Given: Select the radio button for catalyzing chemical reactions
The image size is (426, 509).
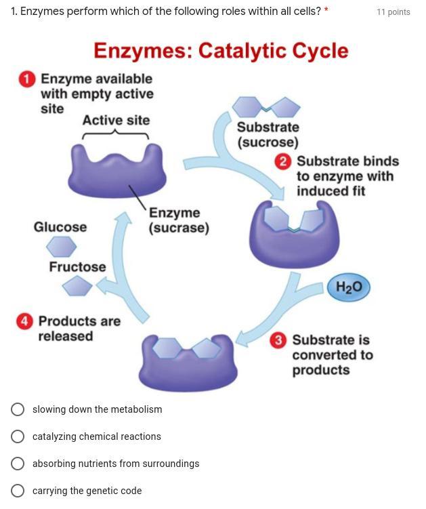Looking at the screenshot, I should click(18, 436).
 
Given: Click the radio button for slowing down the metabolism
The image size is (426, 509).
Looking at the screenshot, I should click(18, 409).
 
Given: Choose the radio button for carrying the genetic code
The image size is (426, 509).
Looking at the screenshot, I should click(18, 491).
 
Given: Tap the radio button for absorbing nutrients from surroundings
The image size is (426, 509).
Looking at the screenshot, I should click(18, 464).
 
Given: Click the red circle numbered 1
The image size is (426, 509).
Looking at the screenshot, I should click(26, 80).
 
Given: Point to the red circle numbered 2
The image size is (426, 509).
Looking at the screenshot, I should click(283, 161).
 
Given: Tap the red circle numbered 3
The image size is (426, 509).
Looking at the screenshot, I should click(278, 340).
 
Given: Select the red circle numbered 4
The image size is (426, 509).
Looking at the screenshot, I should click(24, 321).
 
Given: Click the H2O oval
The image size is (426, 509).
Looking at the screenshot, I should click(349, 287).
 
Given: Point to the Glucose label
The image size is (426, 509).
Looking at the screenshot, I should click(60, 227).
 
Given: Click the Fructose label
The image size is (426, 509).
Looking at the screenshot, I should click(77, 267).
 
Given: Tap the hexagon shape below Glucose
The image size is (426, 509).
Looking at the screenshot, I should click(61, 245).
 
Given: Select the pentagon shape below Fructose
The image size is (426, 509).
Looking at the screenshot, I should click(77, 287).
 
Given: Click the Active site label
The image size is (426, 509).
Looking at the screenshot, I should click(116, 121).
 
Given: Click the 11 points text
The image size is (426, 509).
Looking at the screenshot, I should click(393, 12).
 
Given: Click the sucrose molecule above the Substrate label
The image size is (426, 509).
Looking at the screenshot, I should click(266, 107).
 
